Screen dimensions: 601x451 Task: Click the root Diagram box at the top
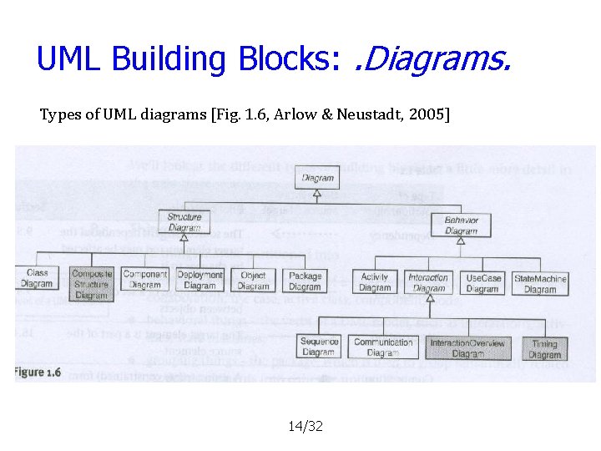317,178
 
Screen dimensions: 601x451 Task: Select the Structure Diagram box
184,222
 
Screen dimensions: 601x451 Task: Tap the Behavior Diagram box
461,225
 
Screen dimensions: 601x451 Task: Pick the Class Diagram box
37,278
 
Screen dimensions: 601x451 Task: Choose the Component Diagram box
145,279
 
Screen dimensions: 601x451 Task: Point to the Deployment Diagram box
199,280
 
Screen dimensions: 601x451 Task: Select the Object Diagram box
253,280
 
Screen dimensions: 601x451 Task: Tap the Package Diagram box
305,281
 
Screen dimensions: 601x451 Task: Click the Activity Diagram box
375,282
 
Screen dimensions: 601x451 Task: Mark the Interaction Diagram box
428,282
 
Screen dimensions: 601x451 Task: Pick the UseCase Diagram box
482,283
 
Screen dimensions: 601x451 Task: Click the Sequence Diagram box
319,347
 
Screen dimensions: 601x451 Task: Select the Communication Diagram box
383,347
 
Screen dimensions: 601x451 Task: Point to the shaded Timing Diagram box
544,349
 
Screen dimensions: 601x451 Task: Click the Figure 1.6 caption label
38,372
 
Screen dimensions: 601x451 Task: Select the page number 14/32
305,427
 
